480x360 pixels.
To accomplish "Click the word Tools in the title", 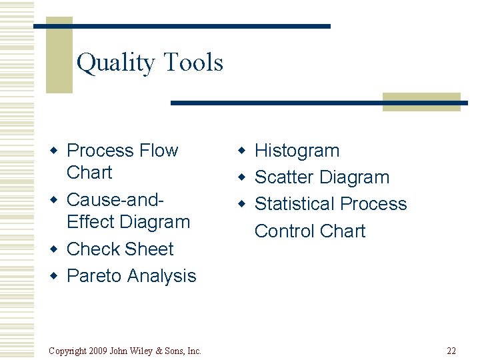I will tap(193, 63).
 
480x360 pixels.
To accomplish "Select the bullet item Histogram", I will tap(297, 151).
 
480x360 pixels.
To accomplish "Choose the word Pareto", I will tap(95, 276).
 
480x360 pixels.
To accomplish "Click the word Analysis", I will tap(161, 276).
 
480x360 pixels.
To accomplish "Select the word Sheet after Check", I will tap(149, 249).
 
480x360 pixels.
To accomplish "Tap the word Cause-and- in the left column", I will tap(116, 199).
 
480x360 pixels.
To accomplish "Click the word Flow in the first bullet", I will tap(154, 151).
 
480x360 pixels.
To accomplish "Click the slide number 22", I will tap(451, 351).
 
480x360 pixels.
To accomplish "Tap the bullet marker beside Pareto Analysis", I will tap(57, 277).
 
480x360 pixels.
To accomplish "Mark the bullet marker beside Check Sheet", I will tap(57, 250).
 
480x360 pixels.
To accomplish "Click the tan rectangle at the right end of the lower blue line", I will tap(421, 102).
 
